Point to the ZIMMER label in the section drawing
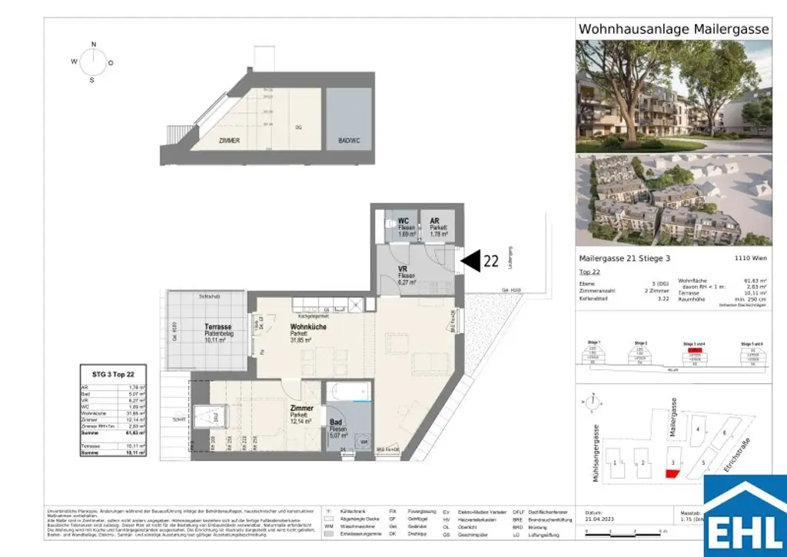click(229, 141)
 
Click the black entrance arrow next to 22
click(470, 262)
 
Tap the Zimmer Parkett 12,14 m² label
click(302, 414)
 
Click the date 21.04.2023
click(601, 518)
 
